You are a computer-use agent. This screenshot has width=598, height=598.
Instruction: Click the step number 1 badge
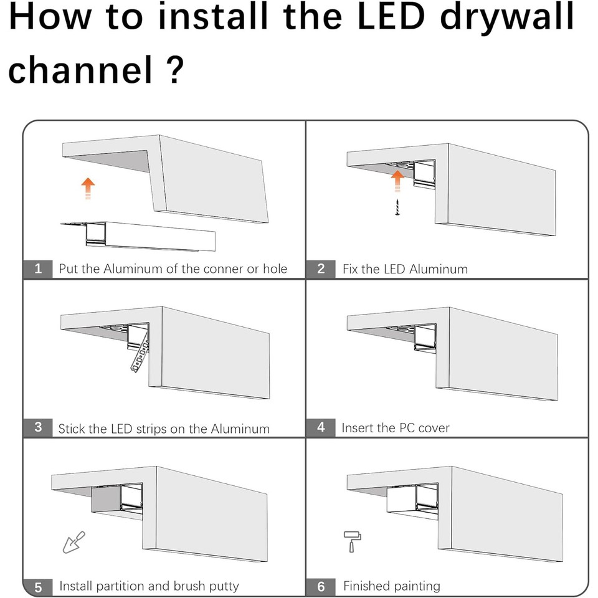point(38,268)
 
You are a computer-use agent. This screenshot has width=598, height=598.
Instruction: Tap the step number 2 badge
point(321,268)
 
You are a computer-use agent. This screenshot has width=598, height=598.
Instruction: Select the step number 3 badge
point(38,427)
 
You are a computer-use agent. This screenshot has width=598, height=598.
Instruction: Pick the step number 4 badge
point(321,427)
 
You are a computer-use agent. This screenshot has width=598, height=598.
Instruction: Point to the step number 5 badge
point(38,586)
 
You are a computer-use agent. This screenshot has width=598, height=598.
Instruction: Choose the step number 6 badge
point(321,586)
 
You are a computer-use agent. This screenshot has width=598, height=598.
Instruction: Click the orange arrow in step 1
point(88,187)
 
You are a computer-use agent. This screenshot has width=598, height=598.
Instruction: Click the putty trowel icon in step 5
point(73,541)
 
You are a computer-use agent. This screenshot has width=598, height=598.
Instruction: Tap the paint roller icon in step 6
point(353,541)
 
